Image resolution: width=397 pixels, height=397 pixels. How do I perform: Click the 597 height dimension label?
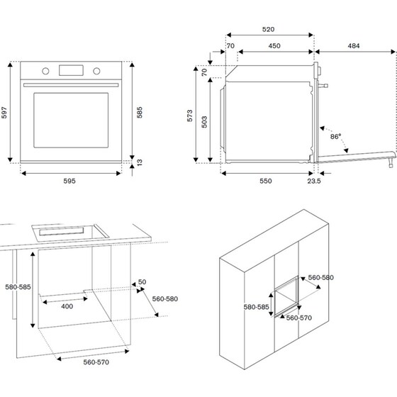[x=6, y=113]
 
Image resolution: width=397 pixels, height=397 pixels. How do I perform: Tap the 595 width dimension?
[x=69, y=181]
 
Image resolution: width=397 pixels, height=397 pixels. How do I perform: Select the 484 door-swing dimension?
[x=354, y=46]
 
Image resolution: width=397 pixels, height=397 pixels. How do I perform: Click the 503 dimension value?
[x=205, y=121]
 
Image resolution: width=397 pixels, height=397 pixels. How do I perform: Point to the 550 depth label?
[x=266, y=181]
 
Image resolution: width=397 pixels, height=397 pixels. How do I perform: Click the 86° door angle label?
[x=335, y=135]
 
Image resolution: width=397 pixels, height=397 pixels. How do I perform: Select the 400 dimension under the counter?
[x=66, y=306]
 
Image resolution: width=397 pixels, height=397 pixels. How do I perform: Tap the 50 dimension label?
[x=142, y=282]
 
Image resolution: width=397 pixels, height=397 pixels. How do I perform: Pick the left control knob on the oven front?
[x=45, y=70]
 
